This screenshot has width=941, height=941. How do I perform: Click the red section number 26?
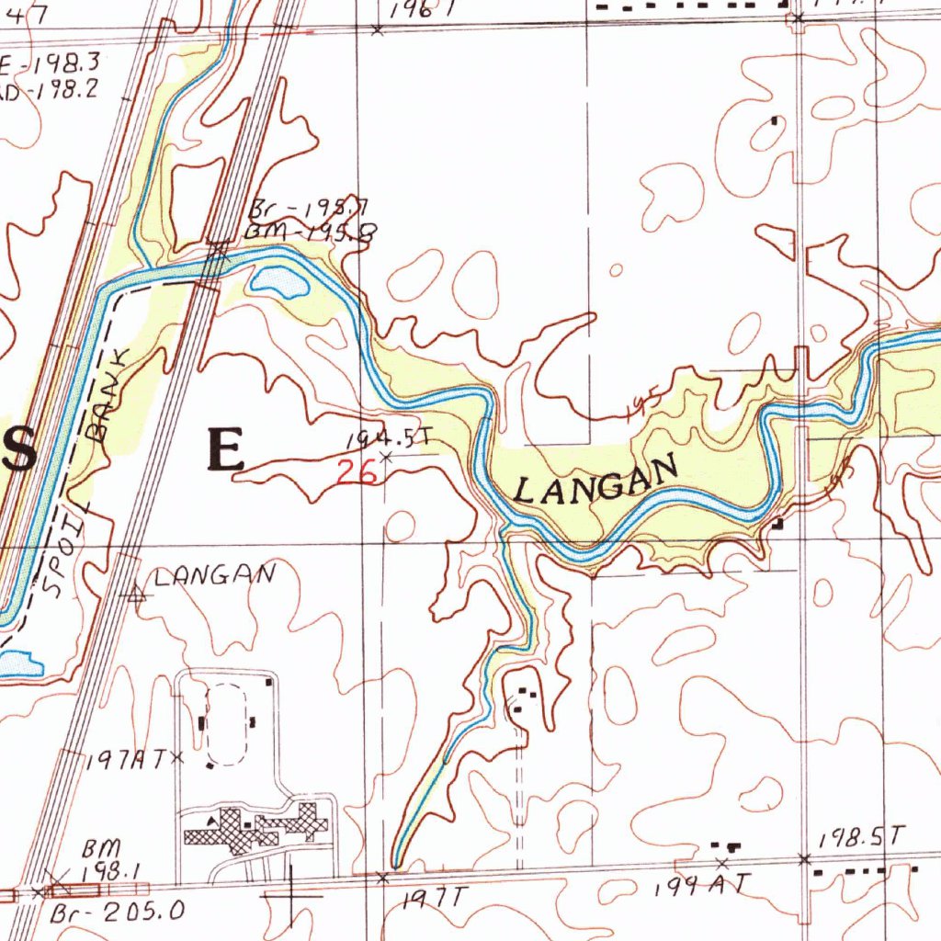pos(357,472)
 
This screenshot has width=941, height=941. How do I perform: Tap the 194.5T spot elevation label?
pos(389,440)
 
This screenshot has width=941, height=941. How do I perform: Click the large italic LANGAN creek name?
pos(596,479)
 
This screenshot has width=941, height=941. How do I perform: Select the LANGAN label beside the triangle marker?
pos(214,577)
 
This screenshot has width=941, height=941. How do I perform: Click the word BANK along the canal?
pos(109,402)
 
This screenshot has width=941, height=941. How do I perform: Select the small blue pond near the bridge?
pos(280,282)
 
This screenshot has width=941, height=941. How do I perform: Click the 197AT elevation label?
pos(126,760)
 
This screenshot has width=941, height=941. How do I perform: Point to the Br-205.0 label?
pos(118,912)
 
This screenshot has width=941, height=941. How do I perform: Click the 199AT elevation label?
pos(703,886)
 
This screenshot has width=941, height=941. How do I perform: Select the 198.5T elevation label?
pos(863,837)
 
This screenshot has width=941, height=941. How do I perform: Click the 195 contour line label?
pos(641,403)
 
